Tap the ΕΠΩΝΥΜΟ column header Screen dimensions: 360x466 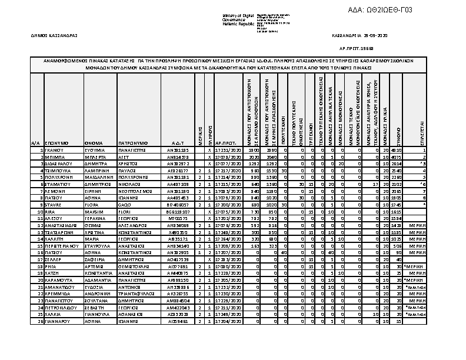(56, 143)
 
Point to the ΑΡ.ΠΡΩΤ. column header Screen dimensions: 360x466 (226, 143)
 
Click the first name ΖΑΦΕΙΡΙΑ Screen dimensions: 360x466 (95, 259)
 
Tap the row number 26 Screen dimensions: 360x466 (40, 322)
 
